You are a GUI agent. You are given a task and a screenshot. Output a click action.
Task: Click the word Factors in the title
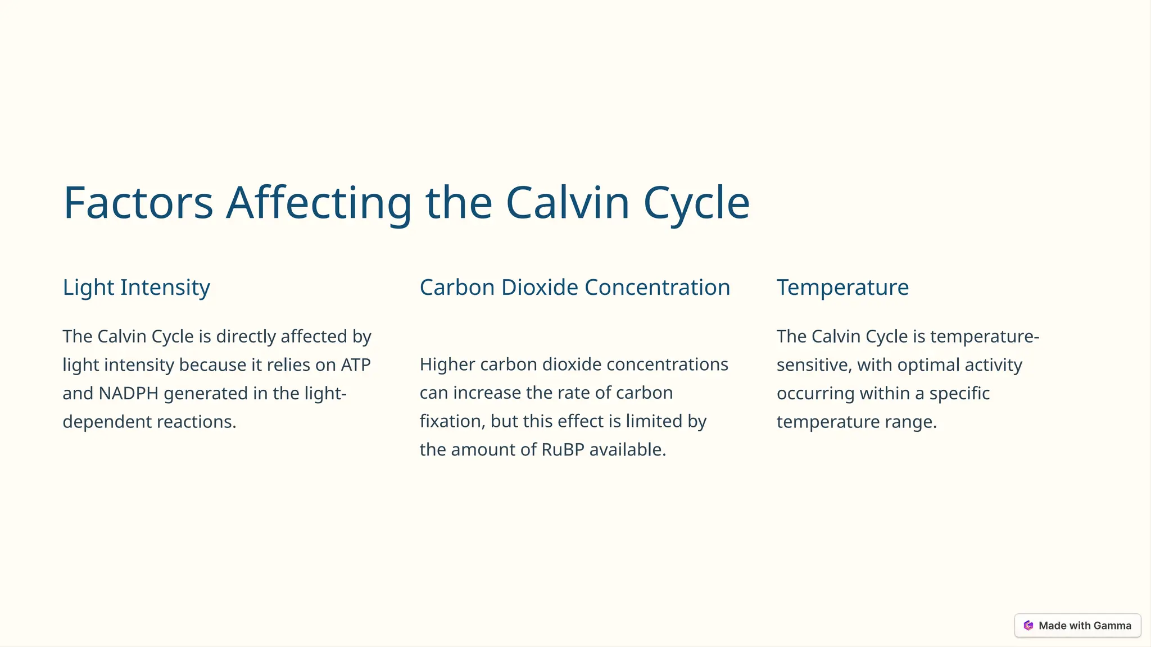coord(138,203)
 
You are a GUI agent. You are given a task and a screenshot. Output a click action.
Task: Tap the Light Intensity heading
coord(136,288)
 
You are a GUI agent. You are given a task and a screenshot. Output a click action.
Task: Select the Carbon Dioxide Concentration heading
coord(574,288)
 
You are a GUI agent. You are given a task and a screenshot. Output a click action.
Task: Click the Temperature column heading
coord(842,288)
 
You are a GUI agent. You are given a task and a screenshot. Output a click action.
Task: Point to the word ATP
coord(356,365)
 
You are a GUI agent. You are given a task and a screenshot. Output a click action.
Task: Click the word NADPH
coord(129,394)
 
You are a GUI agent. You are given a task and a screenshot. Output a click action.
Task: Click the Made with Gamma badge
coord(1077,626)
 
